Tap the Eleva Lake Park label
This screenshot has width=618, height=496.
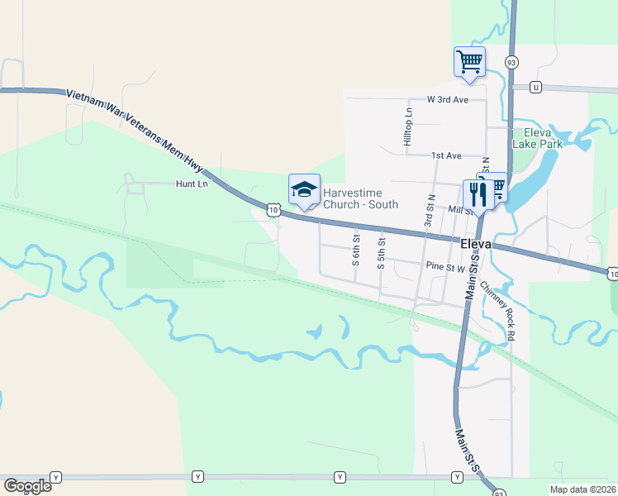click(x=537, y=138)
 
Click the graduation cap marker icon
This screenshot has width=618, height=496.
click(x=303, y=190)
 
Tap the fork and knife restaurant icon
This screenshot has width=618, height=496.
click(x=478, y=194)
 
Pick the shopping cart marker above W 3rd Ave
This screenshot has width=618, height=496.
click(x=469, y=61)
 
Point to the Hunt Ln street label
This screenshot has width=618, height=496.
click(x=192, y=184)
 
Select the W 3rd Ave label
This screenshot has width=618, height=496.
click(x=448, y=99)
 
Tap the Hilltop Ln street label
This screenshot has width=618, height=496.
click(x=408, y=127)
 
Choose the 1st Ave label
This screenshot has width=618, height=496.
click(x=446, y=155)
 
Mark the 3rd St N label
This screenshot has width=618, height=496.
click(x=430, y=211)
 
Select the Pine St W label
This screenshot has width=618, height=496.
click(x=446, y=266)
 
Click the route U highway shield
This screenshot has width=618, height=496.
click(x=536, y=87)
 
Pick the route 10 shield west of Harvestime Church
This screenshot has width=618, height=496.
click(x=273, y=211)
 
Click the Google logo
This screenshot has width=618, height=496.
click(x=27, y=486)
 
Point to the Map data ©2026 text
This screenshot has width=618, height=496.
click(x=582, y=489)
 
